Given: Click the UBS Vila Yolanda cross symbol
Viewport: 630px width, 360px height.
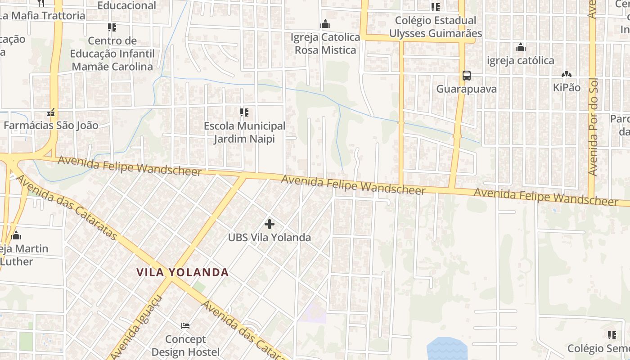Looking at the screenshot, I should pos(270,224).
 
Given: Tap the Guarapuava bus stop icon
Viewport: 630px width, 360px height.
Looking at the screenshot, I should pos(467,76).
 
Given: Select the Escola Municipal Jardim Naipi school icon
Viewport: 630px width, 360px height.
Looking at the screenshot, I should pos(244,112).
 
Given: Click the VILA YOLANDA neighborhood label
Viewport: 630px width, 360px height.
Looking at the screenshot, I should pos(183,272).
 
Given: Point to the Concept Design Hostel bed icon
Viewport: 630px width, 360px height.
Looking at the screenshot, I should pos(185,325).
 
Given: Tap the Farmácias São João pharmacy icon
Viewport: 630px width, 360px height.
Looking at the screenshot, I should pos(51,112).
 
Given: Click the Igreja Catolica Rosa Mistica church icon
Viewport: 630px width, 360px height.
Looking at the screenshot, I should pos(325,24).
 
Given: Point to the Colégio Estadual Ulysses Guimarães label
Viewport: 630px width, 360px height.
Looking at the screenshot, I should pos(435,27).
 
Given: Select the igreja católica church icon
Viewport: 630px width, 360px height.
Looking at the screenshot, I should pos(521,47).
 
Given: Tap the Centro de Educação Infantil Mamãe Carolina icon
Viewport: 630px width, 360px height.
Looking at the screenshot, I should pos(112,27).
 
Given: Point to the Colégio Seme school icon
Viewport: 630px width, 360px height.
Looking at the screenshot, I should pos(612,335).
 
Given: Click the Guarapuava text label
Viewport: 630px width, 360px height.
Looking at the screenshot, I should pos(467,89).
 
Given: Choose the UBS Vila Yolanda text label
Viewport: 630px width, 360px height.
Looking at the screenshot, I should pos(270,237).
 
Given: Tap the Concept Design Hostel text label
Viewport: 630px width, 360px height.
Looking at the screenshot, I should pos(185,345).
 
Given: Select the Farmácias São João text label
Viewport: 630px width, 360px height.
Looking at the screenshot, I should pos(51,125).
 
